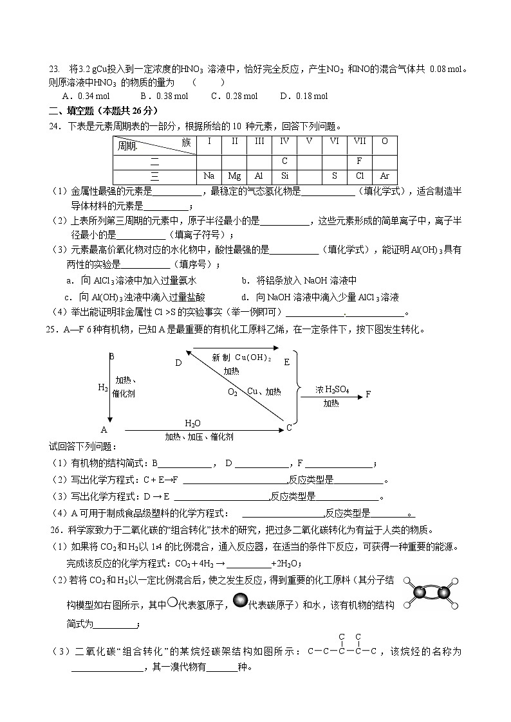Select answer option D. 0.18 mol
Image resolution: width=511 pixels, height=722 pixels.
point(304,96)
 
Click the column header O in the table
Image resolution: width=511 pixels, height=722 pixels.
point(384,141)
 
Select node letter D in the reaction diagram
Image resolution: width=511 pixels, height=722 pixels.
point(178,363)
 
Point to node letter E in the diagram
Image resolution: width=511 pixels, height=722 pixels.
point(286,362)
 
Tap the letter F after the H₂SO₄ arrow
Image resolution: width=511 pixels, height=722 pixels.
point(368,393)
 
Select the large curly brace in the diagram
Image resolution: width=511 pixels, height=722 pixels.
point(297,388)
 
